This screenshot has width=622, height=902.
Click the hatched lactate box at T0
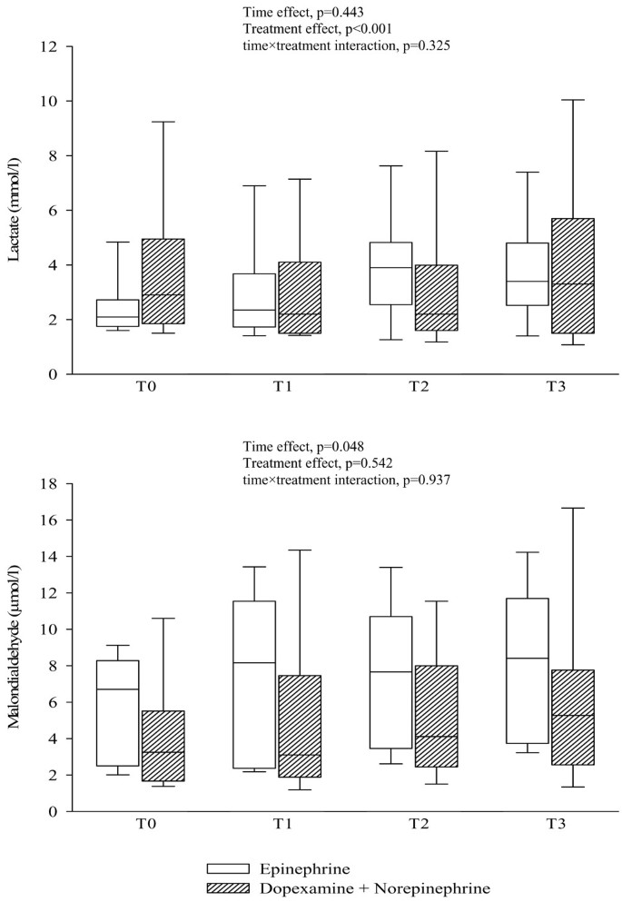163,282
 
